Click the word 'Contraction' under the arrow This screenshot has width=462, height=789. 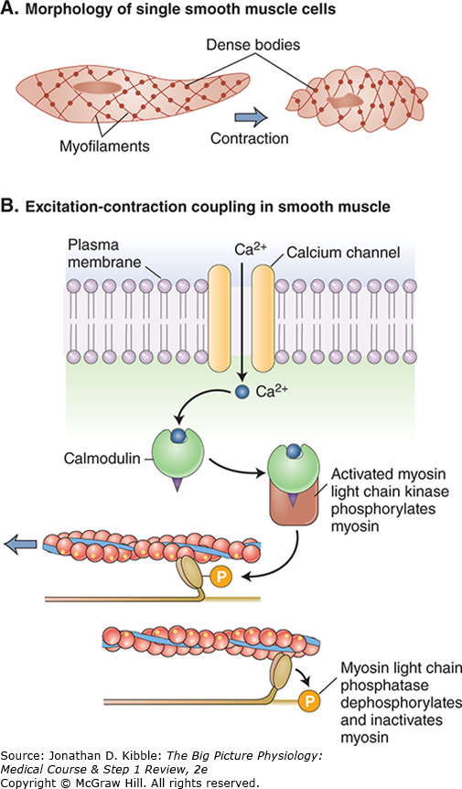249,139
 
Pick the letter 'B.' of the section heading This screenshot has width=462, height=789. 13,207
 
